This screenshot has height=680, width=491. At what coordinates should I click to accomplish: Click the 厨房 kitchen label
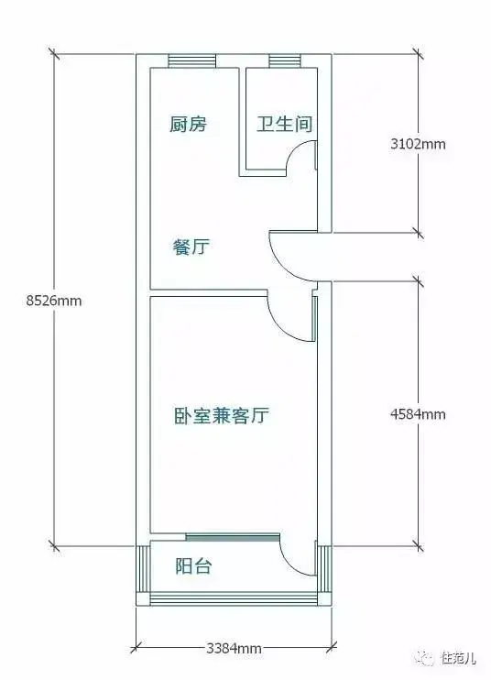[x=188, y=125]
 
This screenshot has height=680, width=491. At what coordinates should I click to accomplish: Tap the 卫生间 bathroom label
[x=284, y=124]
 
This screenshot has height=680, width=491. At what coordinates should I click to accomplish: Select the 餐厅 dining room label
[x=191, y=247]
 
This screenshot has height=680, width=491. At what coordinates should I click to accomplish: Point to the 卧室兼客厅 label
[x=222, y=415]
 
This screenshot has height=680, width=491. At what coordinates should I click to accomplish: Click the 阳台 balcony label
[x=193, y=566]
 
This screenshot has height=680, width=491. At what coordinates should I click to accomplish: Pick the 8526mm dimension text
[x=54, y=300]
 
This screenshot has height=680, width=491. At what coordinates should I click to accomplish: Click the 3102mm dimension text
[x=418, y=144]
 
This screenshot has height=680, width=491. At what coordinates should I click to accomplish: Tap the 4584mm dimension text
[x=418, y=414]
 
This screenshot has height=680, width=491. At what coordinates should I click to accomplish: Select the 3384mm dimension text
[x=234, y=649]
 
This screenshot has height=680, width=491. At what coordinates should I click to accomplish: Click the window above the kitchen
[x=191, y=60]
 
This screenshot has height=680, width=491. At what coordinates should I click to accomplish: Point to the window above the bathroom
[x=285, y=60]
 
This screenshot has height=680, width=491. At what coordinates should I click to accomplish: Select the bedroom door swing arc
[x=279, y=325]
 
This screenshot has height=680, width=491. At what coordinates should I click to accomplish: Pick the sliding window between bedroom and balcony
[x=233, y=537]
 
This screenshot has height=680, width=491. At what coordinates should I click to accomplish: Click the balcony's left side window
[x=143, y=569]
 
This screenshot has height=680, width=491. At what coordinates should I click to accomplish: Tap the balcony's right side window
[x=324, y=569]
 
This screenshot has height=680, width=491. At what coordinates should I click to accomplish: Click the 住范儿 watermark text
[x=459, y=658]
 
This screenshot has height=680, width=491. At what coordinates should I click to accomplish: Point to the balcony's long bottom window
[x=234, y=599]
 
